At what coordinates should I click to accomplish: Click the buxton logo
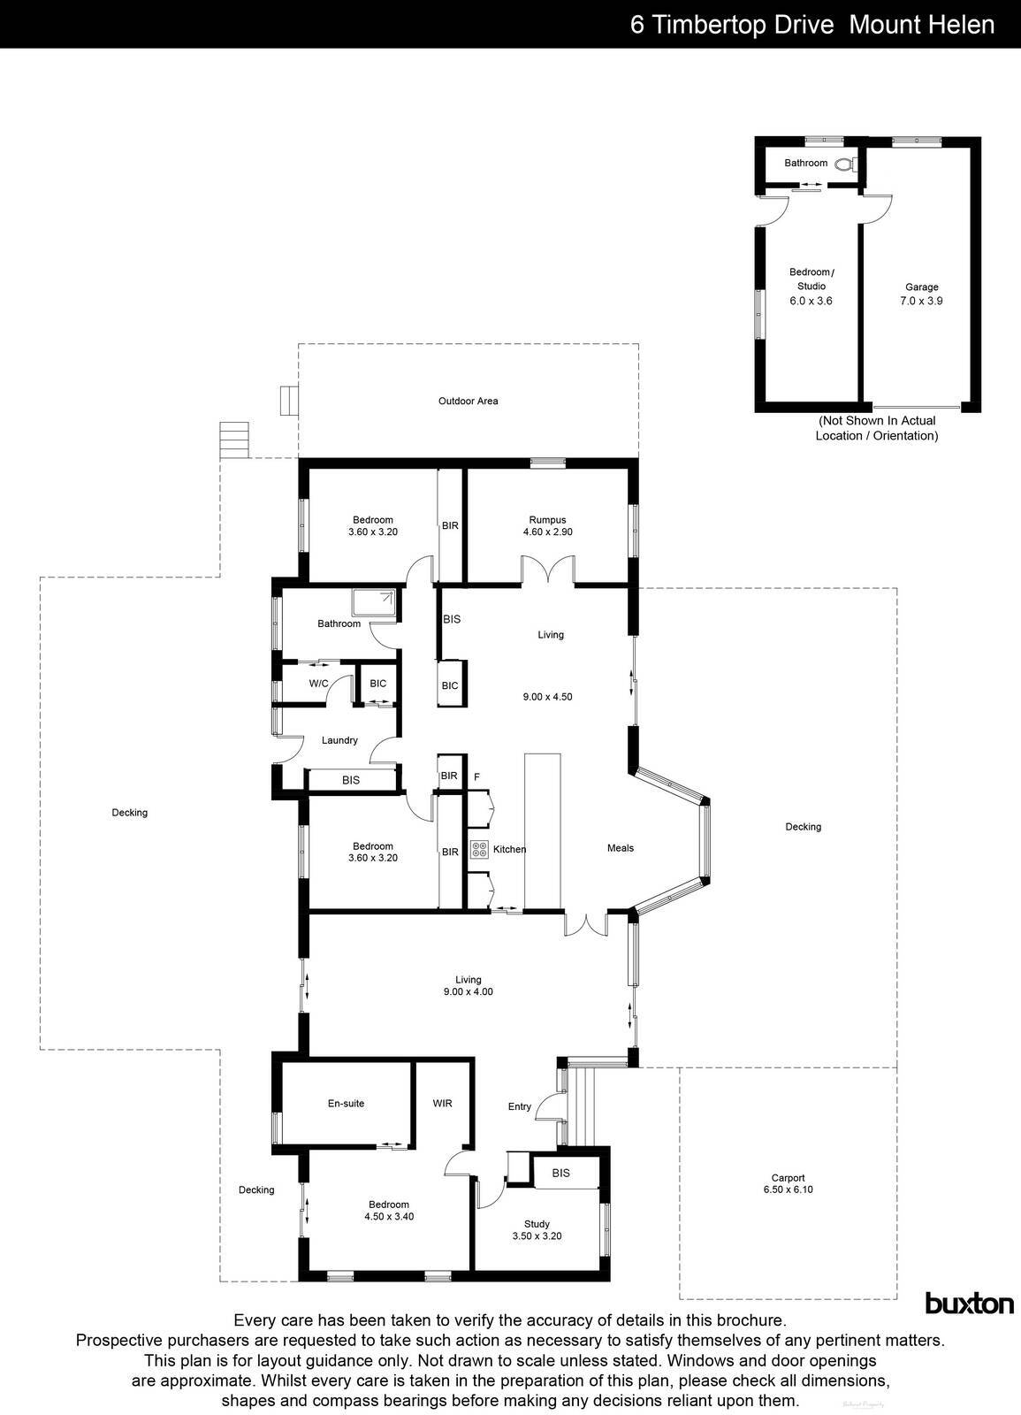pyautogui.click(x=969, y=1303)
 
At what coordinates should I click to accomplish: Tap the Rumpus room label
pyautogui.click(x=547, y=520)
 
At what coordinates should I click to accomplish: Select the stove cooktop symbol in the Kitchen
pyautogui.click(x=479, y=849)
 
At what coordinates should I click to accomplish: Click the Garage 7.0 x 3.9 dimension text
pyautogui.click(x=921, y=301)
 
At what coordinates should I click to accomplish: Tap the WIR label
pyautogui.click(x=442, y=1104)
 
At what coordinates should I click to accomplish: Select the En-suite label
pyautogui.click(x=346, y=1104)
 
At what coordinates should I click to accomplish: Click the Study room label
pyautogui.click(x=536, y=1224)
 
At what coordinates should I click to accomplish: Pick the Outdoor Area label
pyautogui.click(x=468, y=402)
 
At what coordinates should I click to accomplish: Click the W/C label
pyautogui.click(x=318, y=684)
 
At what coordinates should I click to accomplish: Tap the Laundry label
pyautogui.click(x=339, y=740)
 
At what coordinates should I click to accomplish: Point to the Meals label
pyautogui.click(x=620, y=848)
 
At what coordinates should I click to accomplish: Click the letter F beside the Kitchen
pyautogui.click(x=476, y=777)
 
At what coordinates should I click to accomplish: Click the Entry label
pyautogui.click(x=520, y=1106)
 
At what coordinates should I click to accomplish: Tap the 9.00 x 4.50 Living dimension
pyautogui.click(x=547, y=697)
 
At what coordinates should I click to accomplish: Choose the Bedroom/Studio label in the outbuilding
pyautogui.click(x=811, y=279)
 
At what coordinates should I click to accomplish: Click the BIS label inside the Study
pyautogui.click(x=560, y=1174)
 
